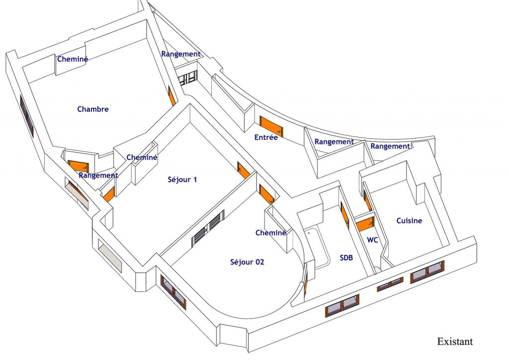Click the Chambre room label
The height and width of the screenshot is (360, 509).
pyautogui.click(x=93, y=109)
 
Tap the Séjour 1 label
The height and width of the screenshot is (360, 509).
pyautogui.click(x=182, y=179)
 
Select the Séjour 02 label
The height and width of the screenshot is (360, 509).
pyautogui.click(x=247, y=262)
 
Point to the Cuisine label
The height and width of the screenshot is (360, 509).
pyautogui.click(x=410, y=221)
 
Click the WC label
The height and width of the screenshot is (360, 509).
pyautogui.click(x=372, y=240)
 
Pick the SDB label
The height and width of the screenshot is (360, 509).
pyautogui.click(x=346, y=258)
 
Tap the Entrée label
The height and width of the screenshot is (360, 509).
pyautogui.click(x=266, y=137)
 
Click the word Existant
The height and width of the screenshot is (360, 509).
pyautogui.click(x=455, y=342)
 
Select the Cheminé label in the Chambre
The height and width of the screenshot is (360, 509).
pyautogui.click(x=73, y=59)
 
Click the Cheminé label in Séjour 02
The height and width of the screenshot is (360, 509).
pyautogui.click(x=271, y=233)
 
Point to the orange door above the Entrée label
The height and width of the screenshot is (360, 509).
pyautogui.click(x=271, y=127)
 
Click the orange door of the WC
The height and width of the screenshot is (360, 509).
pyautogui.click(x=365, y=224)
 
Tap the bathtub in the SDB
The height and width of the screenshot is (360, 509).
pyautogui.click(x=317, y=248)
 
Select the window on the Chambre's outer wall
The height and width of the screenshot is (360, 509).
pyautogui.click(x=27, y=115)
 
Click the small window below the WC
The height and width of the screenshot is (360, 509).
pyautogui.click(x=390, y=284)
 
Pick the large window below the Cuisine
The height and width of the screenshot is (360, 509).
pyautogui.click(x=427, y=271)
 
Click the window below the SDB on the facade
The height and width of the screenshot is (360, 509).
pyautogui.click(x=342, y=305)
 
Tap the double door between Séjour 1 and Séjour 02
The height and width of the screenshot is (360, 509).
pyautogui.click(x=208, y=227)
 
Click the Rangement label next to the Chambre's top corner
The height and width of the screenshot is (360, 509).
pyautogui.click(x=181, y=54)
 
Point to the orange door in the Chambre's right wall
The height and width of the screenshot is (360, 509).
pyautogui.click(x=171, y=96)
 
